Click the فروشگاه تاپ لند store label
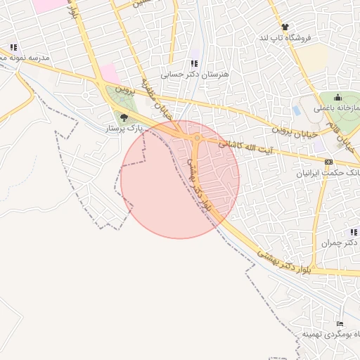[284, 37]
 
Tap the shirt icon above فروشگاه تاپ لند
[285, 27]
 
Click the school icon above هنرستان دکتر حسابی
[194, 64]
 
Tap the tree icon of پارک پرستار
[125, 117]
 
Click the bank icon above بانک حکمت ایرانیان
[328, 162]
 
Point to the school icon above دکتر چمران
[353, 232]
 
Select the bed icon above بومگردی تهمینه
[341, 323]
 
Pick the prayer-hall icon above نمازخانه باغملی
[338, 98]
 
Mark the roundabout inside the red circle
[198, 139]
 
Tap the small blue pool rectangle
[296, 110]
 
